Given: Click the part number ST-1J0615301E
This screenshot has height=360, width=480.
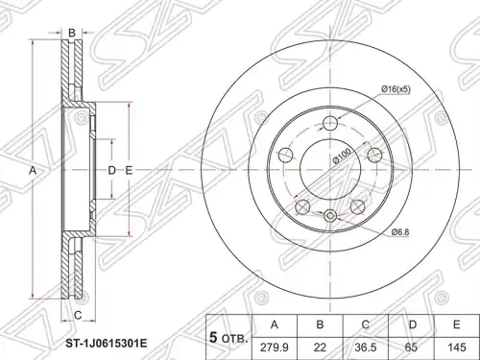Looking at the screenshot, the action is (107, 344).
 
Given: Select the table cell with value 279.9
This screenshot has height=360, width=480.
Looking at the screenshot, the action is (275, 348).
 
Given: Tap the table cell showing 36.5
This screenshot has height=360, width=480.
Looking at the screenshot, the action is (366, 348).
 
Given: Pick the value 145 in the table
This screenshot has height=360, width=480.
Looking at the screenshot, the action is (457, 348).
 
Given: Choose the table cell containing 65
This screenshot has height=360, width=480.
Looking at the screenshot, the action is (411, 348).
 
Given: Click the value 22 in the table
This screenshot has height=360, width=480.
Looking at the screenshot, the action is (320, 348).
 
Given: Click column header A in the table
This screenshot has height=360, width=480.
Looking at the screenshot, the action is (275, 325).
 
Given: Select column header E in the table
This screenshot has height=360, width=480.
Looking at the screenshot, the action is (457, 325).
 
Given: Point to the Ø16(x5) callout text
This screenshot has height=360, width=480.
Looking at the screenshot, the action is (396, 90).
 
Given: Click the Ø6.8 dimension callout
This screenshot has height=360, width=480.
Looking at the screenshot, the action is (400, 232).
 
